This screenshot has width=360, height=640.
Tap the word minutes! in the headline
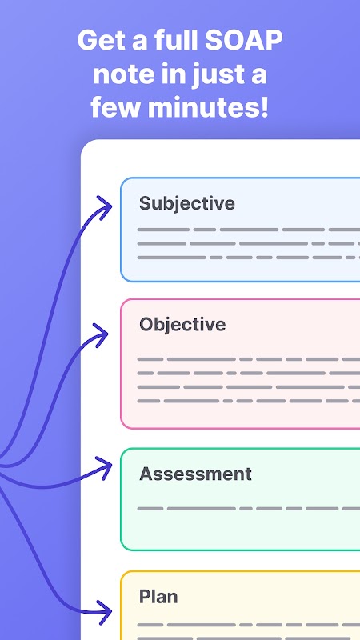coord(208,107)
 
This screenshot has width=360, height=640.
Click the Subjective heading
coord(187,203)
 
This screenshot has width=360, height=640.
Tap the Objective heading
coord(182,325)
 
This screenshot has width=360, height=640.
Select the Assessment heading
coord(195,474)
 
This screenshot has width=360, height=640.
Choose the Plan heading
coord(158,597)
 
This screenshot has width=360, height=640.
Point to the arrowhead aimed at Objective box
coord(101,334)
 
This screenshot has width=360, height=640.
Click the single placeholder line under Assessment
coord(249,509)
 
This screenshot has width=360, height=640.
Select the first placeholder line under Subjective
coord(249,230)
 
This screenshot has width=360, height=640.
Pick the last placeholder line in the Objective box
coord(249,402)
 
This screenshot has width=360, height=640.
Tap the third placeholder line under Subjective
coord(249,258)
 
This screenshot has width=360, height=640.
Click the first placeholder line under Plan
coord(249,625)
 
